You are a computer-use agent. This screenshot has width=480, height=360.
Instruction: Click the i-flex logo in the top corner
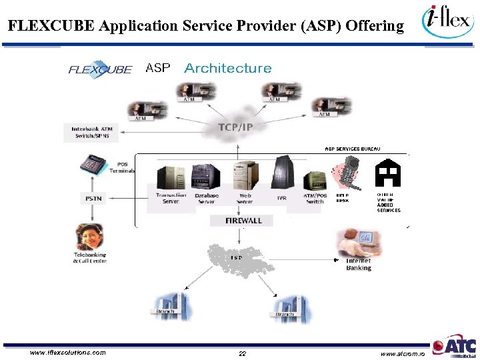(x=448, y=24)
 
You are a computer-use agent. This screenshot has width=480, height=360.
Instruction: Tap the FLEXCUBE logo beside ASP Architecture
(x=101, y=69)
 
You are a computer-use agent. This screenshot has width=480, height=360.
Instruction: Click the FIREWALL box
(x=243, y=220)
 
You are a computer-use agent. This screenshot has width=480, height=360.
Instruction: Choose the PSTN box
(x=93, y=198)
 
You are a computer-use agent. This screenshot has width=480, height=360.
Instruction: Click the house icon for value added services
(x=387, y=175)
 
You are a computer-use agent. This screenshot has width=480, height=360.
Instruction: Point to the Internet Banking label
(x=358, y=265)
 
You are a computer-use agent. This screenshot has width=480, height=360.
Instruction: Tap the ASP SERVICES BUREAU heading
(x=353, y=149)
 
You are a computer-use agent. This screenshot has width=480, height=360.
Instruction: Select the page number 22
(x=243, y=353)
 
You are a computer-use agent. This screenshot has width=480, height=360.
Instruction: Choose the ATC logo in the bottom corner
(x=455, y=347)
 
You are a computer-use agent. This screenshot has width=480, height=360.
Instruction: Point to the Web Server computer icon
(x=244, y=176)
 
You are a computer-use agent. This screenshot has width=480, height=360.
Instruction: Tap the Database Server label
(x=206, y=199)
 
